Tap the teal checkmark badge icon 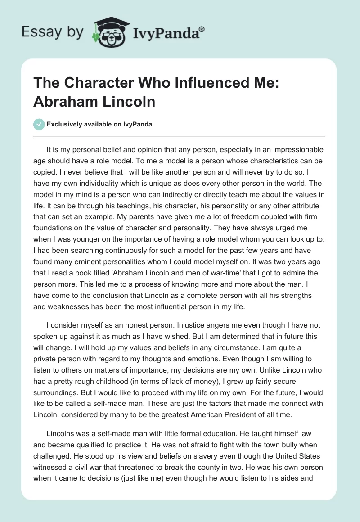pyautogui.click(x=39, y=124)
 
